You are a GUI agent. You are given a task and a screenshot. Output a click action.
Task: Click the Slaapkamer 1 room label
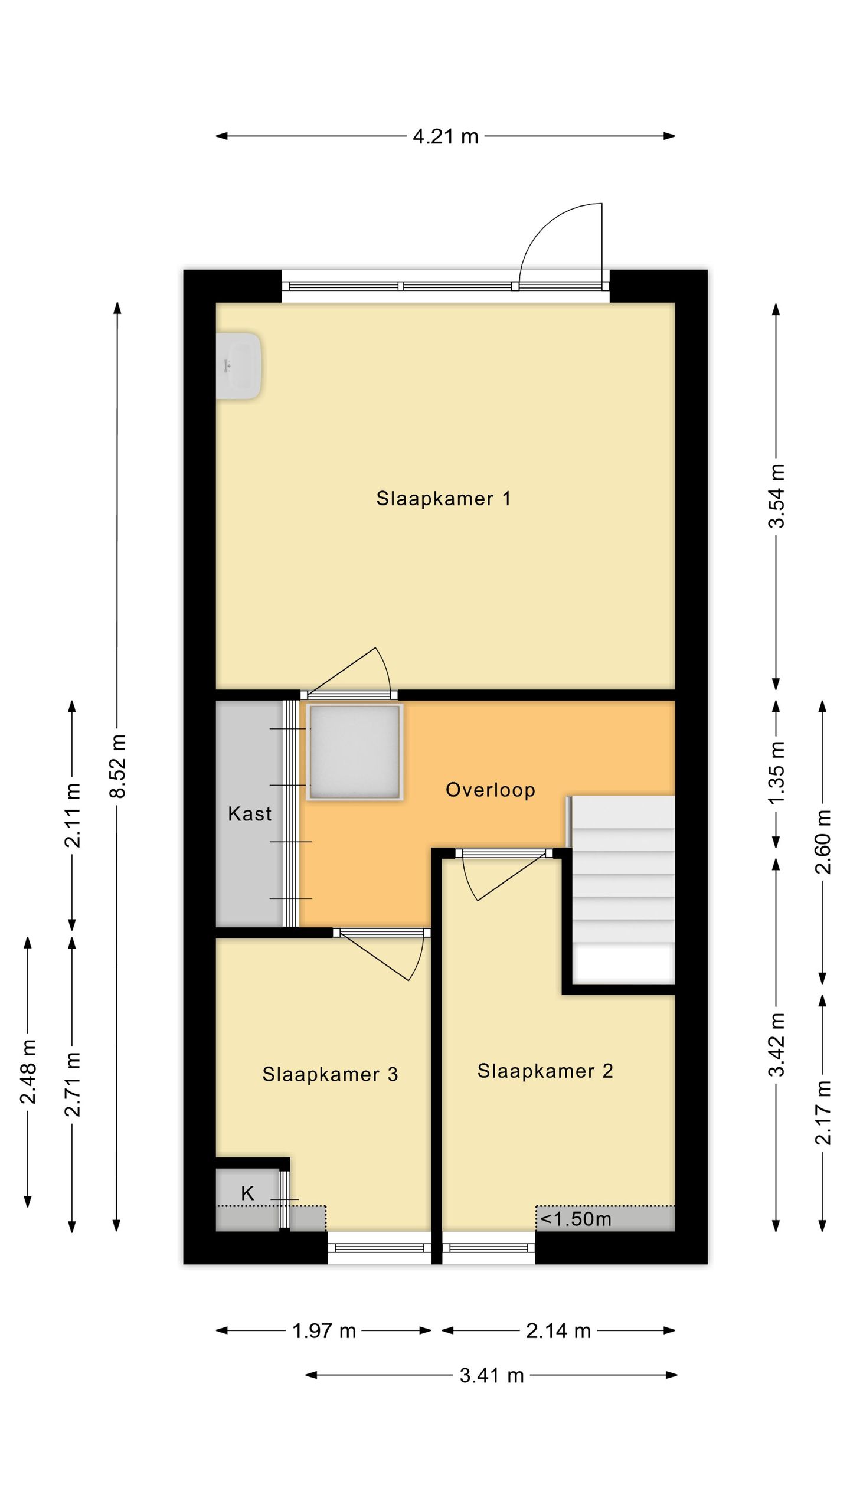coord(443,499)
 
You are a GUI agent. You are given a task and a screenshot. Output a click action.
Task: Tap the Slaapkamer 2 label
coord(545,1071)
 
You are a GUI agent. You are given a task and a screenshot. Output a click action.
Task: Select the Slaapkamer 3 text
coord(330,1074)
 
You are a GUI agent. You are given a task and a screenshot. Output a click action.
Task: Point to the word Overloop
coord(490,790)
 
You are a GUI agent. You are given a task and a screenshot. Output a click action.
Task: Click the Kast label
coord(250,814)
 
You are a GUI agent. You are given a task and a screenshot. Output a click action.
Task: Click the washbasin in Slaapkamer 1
coord(238,366)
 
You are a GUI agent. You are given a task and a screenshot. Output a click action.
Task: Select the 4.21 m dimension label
coord(445,136)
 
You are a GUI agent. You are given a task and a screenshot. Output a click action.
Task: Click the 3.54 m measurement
coord(777,496)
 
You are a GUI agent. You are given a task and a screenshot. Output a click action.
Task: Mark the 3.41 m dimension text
coord(492,1376)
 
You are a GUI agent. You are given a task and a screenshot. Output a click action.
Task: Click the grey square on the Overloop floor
coord(354,752)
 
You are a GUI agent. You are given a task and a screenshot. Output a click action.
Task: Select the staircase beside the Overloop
coord(622,890)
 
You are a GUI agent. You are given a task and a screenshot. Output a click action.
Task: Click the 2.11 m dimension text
coord(73,816)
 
